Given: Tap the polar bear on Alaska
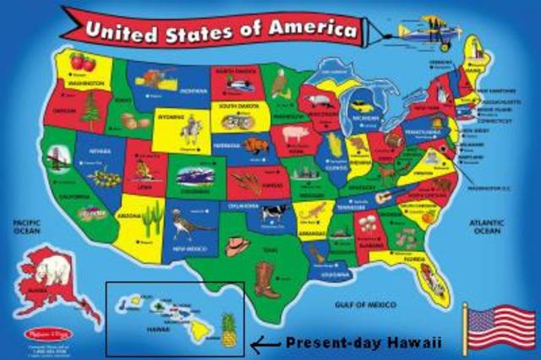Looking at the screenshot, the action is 51,271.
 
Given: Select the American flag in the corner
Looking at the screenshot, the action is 501,325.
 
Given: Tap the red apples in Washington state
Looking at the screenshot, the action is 82,62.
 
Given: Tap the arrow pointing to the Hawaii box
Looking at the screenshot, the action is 268,343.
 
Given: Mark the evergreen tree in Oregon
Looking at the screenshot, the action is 91,108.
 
